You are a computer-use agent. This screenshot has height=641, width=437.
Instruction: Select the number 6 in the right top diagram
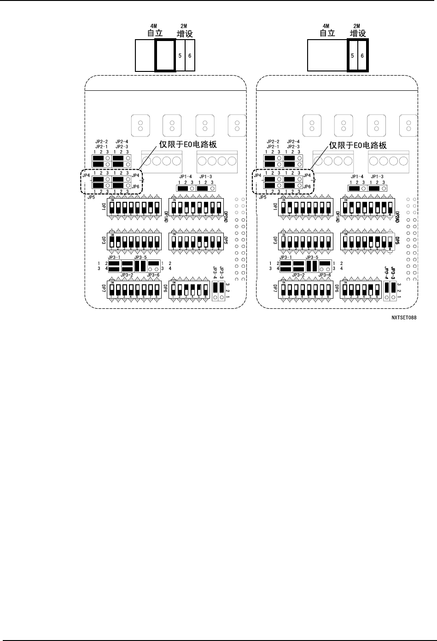click(x=362, y=55)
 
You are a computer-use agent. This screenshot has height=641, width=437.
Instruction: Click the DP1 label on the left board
click(x=103, y=206)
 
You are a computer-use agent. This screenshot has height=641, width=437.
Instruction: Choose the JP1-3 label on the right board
click(x=377, y=177)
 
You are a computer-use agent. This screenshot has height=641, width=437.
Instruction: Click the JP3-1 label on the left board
click(x=114, y=257)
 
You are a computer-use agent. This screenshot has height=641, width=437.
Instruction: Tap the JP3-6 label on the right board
click(x=325, y=275)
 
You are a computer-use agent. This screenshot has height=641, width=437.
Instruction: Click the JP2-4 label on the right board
click(x=293, y=141)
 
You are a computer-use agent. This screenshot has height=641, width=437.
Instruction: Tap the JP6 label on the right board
click(x=307, y=187)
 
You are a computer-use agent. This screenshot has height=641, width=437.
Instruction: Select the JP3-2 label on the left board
click(x=127, y=275)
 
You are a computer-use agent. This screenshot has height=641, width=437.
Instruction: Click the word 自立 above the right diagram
click(x=327, y=33)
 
